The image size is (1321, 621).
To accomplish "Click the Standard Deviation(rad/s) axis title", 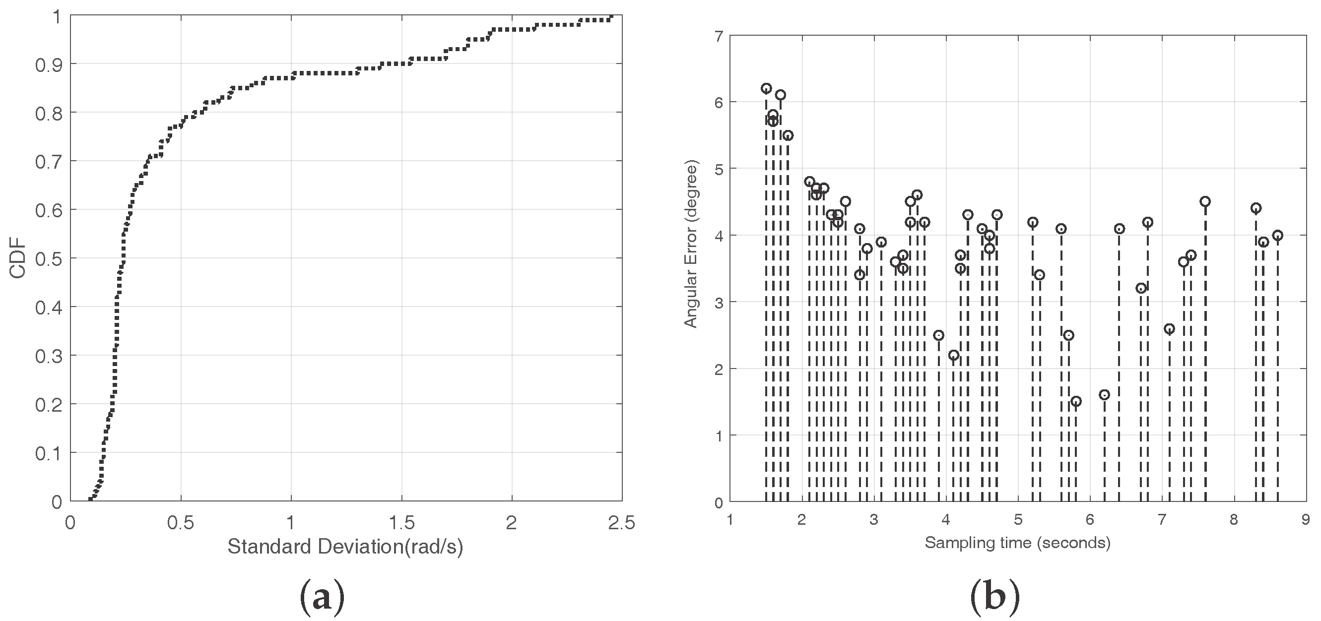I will [345, 547].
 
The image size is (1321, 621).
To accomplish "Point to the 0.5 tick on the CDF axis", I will [49, 259].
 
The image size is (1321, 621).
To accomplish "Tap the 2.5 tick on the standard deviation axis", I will [621, 523].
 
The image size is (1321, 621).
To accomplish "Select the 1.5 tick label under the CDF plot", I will [401, 523].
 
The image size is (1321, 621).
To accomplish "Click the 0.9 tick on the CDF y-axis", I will [49, 64].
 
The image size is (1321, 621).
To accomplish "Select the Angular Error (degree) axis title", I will [691, 245].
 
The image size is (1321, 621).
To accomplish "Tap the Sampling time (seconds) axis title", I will [1017, 542].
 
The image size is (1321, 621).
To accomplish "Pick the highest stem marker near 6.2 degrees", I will [766, 88].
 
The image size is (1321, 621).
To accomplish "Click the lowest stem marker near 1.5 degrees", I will [1076, 401].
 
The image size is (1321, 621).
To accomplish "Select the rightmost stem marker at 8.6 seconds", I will [1277, 235].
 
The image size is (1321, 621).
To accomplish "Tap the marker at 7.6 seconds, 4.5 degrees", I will [1205, 201].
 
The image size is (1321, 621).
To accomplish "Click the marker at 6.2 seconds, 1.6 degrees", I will [1105, 394].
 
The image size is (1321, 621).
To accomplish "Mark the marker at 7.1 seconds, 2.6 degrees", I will [1169, 328].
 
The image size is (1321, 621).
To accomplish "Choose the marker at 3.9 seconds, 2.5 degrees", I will [938, 335].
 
